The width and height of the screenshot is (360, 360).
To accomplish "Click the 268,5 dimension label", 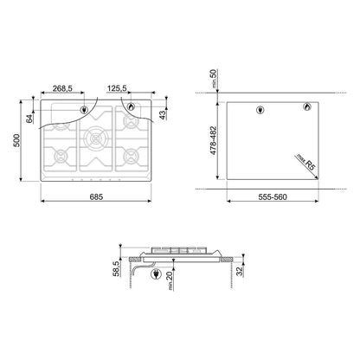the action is coord(62,88).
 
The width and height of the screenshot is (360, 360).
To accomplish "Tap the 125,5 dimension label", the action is coord(117,88).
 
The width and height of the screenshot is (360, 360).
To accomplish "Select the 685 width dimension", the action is coord(96,197).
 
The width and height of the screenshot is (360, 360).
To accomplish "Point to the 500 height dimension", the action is coord(16,140).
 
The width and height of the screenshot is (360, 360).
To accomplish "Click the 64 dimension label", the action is coord(29,119).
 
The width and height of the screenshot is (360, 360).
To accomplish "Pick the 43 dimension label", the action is coord(163,115).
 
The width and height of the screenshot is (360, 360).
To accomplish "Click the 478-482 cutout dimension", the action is coord(213,140).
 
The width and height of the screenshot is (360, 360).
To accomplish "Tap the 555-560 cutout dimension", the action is coord(273,197).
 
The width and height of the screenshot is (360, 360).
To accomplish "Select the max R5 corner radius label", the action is coord(305,163).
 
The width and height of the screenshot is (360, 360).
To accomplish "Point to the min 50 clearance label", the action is coord(214,79).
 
